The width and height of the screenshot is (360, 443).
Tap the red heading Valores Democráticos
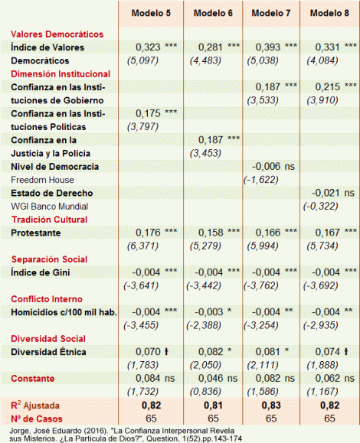click(57, 34)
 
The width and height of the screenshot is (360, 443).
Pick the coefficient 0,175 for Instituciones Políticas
click(146, 113)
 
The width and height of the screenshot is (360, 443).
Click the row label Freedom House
click(41, 180)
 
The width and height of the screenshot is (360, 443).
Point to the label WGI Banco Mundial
click(47, 207)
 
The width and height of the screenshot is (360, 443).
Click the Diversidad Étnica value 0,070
click(146, 351)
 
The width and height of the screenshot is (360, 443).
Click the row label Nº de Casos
click(34, 418)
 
